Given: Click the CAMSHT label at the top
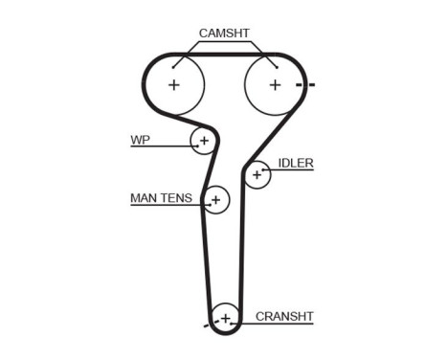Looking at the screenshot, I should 224,33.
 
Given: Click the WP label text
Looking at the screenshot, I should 141,140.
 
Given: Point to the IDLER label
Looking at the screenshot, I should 296,163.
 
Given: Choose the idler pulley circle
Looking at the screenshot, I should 257,175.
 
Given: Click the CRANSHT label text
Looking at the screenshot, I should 284,316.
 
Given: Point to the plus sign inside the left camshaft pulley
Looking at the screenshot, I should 173,84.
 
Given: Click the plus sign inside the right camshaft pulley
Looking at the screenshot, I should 274,84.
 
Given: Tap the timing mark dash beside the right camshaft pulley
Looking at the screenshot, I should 305,85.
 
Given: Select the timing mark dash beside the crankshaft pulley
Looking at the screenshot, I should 206,327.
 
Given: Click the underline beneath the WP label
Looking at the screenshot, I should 158,146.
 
